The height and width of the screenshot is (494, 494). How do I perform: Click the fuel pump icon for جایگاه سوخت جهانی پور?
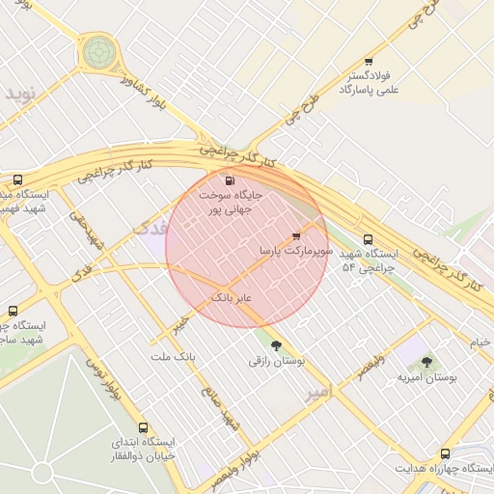pyautogui.click(x=229, y=180)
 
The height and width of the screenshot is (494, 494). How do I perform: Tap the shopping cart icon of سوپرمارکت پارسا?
pyautogui.click(x=296, y=235)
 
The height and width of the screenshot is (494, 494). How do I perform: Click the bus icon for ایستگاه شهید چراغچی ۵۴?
pyautogui.click(x=367, y=240)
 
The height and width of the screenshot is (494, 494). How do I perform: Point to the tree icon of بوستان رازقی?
pyautogui.click(x=277, y=345)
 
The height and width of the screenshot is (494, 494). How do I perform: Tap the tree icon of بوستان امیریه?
pyautogui.click(x=426, y=362)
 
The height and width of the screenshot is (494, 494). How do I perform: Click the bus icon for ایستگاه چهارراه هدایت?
pyautogui.click(x=445, y=453)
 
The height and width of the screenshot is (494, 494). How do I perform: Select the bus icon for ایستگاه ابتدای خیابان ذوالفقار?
pyautogui.click(x=144, y=427)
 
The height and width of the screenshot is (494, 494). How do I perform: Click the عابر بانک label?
pyautogui.click(x=231, y=298)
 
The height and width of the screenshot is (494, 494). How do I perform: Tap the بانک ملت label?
pyautogui.click(x=173, y=356)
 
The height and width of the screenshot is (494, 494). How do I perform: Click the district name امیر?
pyautogui.click(x=317, y=393)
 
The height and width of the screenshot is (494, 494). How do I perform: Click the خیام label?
pyautogui.click(x=480, y=343)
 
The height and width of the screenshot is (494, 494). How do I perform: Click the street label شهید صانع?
pyautogui.click(x=217, y=405)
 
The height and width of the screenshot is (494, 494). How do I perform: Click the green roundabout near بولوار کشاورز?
pyautogui.click(x=98, y=52)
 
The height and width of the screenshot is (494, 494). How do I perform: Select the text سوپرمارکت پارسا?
pyautogui.click(x=296, y=251)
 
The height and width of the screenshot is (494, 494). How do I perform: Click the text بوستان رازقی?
pyautogui.click(x=277, y=361)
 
